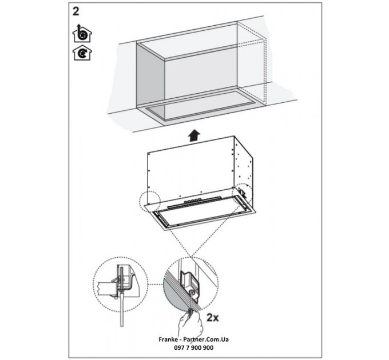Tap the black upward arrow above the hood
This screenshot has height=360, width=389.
(194, 135)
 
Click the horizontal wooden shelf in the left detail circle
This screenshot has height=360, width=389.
(106, 285)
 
